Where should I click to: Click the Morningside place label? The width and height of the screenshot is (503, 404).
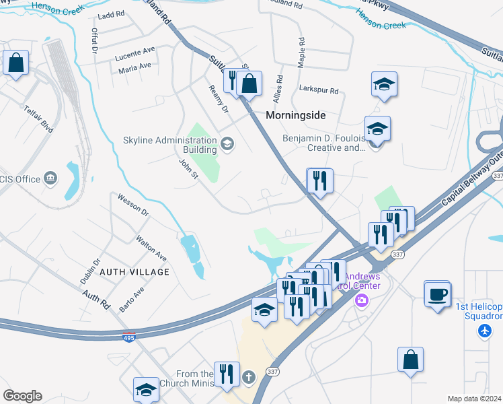point(295,115)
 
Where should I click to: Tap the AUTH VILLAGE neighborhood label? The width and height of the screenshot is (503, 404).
point(134,271)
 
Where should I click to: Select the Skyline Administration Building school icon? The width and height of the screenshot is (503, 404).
point(227,142)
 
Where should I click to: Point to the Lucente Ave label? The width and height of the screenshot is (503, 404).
point(134,57)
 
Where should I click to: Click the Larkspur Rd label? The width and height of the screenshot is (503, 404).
point(319,90)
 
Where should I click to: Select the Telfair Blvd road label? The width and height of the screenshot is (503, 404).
point(38,117)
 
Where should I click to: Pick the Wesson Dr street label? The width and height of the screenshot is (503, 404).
point(132,205)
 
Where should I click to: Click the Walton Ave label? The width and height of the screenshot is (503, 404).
point(151,248)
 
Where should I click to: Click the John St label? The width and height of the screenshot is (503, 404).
point(189,168)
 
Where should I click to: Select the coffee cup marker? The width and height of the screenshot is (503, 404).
point(437,294)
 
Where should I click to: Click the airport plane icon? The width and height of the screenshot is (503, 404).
point(484,331)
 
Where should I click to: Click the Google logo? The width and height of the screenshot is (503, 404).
point(22,396)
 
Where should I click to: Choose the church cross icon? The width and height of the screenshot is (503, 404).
point(249,377)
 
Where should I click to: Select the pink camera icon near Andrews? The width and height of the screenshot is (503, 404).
point(362,300)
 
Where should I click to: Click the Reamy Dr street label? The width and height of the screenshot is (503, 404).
point(219,99)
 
